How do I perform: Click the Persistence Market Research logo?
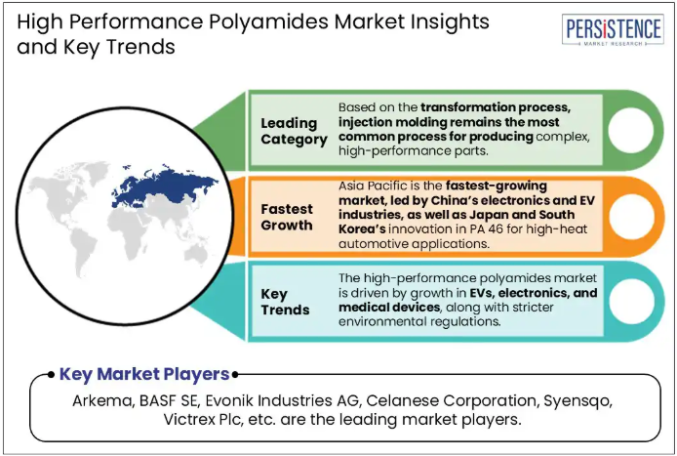click(x=613, y=29)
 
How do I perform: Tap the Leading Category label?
click(x=294, y=131)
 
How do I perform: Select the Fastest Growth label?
click(x=287, y=217)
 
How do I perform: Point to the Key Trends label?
click(x=285, y=302)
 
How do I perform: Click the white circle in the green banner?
click(x=630, y=130)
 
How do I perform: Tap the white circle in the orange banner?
click(x=631, y=216)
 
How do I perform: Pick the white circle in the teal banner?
click(x=631, y=302)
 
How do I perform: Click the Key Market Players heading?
click(x=144, y=374)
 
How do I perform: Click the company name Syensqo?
click(x=577, y=401)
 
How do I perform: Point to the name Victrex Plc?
click(x=201, y=419)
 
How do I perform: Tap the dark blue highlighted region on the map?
click(x=164, y=187)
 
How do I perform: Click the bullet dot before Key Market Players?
click(x=52, y=374)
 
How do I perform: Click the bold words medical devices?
click(x=389, y=308)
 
